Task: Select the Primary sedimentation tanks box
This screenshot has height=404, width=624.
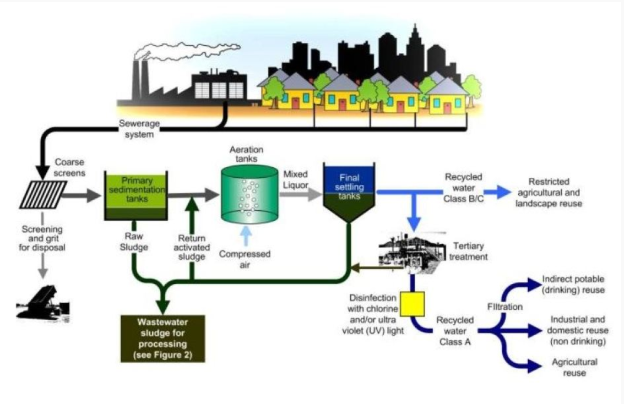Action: [135, 195]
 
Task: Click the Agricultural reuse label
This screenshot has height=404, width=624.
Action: [574, 367]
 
